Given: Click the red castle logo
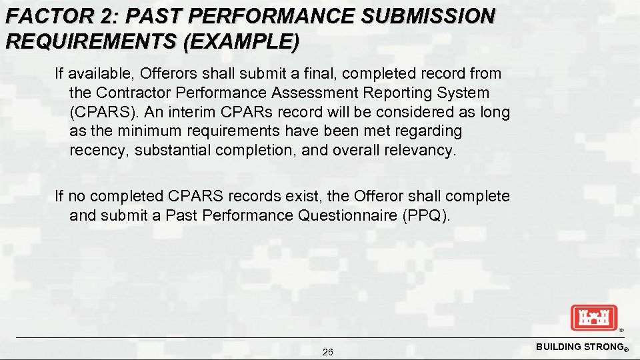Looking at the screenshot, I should (594, 317).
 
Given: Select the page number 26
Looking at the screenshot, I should (328, 352).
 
